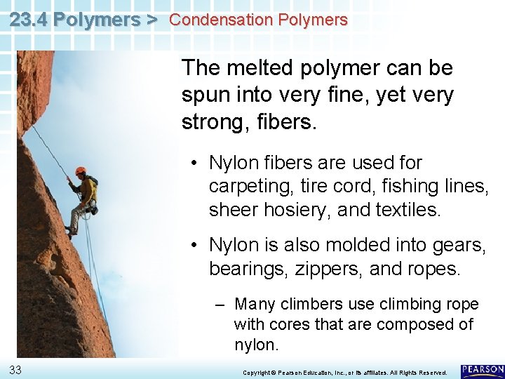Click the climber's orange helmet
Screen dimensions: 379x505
pos(80,171)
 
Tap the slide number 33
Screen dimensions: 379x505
pos(15,370)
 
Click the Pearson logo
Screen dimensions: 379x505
pos(482,371)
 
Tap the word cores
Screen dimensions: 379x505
pos(283,324)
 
